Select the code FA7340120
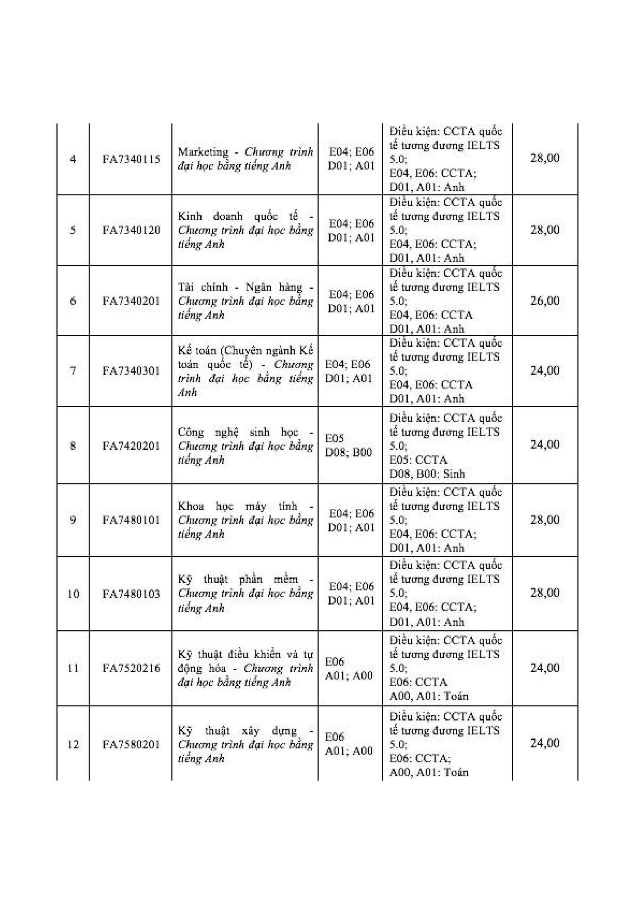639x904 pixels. click(131, 230)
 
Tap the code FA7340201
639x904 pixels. click(131, 301)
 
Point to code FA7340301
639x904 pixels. click(131, 371)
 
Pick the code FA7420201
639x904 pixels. click(131, 446)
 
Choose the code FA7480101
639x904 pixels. click(131, 520)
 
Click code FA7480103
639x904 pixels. click(131, 594)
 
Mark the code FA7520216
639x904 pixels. click(131, 668)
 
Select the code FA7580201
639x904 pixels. click(131, 744)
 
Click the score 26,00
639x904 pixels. click(545, 301)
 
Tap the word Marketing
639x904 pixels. click(203, 152)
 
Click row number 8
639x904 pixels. click(73, 446)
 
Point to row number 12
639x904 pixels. click(73, 744)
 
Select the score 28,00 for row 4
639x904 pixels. click(545, 158)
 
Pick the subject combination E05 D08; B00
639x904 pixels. click(348, 445)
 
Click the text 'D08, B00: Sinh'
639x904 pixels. click(427, 474)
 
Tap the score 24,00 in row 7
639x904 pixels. click(545, 370)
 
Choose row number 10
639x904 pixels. click(73, 594)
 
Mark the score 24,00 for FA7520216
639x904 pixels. click(545, 668)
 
